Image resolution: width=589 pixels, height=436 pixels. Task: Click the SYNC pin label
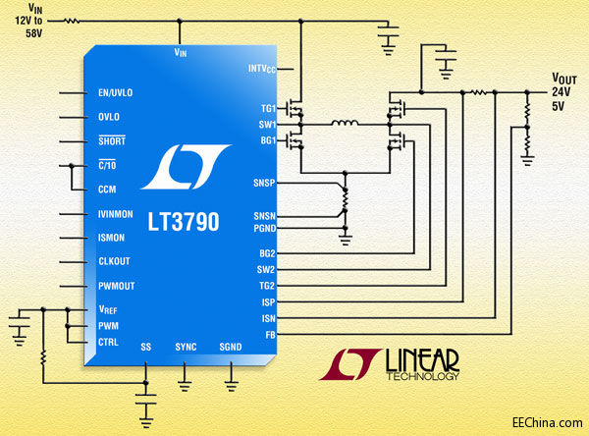[x=186, y=348]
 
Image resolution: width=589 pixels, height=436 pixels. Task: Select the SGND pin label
[x=230, y=348]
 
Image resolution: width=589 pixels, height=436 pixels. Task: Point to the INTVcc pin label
[x=260, y=69]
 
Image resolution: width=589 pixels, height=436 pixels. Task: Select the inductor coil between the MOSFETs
[x=344, y=125]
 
